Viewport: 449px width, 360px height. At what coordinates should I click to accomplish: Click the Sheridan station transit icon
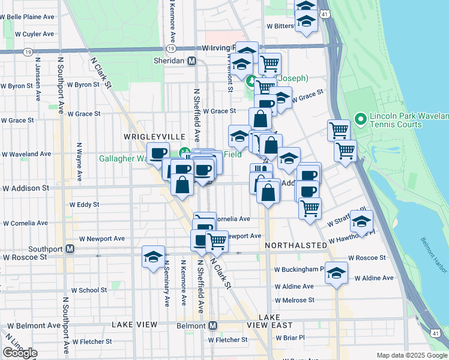pyautogui.click(x=192, y=61)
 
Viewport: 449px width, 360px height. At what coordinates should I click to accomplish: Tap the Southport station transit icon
pyautogui.click(x=70, y=248)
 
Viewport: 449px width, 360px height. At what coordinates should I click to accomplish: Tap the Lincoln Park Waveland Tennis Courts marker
pyautogui.click(x=361, y=119)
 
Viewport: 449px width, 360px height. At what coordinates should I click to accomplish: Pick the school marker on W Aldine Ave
pyautogui.click(x=336, y=272)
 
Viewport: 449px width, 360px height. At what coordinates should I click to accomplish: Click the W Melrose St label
pyautogui.click(x=295, y=300)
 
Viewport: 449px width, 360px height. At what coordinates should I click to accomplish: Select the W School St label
pyautogui.click(x=89, y=290)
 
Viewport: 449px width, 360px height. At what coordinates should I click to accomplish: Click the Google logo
pyautogui.click(x=20, y=353)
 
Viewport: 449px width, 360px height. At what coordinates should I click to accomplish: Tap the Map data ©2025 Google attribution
pyautogui.click(x=411, y=355)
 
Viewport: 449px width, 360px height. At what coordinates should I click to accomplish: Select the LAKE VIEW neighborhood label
pyautogui.click(x=134, y=325)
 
